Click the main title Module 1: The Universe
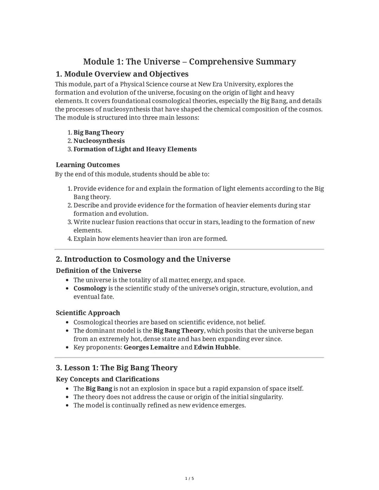pos(189,62)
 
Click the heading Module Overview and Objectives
pos(122,74)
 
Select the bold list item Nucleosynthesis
pos(99,141)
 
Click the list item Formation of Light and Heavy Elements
pos(135,149)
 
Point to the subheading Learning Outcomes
pos(88,165)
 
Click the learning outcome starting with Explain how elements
pos(150,239)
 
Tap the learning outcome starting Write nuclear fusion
pos(194,222)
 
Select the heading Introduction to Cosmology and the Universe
pos(143,259)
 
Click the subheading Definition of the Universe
pos(98,271)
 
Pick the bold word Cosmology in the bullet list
pos(90,288)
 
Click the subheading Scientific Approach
pos(88,313)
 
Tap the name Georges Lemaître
pos(151,347)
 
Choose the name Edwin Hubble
pos(216,347)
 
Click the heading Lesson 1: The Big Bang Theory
pos(117,368)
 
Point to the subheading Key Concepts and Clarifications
pos(107,379)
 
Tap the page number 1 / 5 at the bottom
pos(189,478)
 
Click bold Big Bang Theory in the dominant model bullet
pos(179,331)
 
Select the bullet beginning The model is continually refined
pos(159,405)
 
